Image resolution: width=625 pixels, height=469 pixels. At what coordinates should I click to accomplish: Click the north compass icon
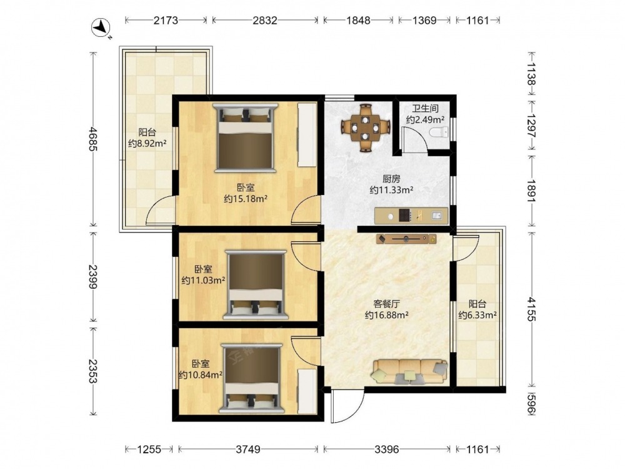101,29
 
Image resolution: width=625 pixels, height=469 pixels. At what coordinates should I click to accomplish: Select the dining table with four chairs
366,128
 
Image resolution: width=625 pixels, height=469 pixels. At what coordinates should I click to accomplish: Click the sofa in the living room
409,371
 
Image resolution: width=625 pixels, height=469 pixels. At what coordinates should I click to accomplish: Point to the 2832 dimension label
264,20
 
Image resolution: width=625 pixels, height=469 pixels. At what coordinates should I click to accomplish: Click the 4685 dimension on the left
93,139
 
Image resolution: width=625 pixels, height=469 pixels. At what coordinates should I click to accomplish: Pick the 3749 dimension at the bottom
248,450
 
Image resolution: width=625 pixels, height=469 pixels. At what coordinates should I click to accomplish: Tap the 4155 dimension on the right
532,309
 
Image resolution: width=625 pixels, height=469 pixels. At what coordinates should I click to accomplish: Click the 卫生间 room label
425,108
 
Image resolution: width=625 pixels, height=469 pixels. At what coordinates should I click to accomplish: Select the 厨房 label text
391,179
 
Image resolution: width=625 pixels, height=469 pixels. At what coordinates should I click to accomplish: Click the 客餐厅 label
386,304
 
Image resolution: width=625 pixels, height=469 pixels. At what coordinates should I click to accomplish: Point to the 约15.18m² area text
245,198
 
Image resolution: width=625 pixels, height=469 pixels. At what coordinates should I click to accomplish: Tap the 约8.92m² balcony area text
147,143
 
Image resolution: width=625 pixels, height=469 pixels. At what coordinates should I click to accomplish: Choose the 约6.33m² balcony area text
477,315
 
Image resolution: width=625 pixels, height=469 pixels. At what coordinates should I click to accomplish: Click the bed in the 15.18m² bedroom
245,138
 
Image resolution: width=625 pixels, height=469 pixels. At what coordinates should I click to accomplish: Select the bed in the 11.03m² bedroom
256,285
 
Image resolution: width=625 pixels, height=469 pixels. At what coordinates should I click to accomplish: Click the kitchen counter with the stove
411,216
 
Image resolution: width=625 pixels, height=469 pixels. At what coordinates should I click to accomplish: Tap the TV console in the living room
406,239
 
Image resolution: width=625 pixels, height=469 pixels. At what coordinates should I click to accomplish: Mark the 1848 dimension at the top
358,20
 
